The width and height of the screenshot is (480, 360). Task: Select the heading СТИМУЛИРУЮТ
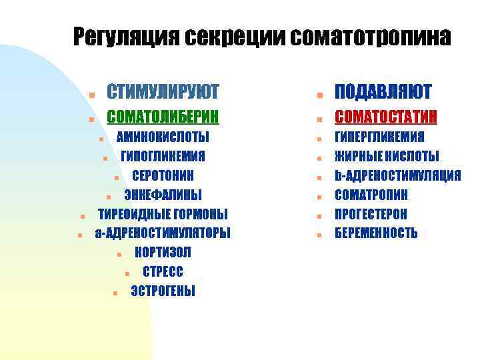pos(163,91)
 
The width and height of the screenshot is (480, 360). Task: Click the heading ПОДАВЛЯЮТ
pos(383,91)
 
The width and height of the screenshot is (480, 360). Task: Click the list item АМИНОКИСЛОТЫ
pos(163,137)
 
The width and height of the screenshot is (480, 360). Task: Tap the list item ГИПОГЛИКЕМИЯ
pos(163,157)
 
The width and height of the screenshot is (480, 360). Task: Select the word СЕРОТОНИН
pos(163,176)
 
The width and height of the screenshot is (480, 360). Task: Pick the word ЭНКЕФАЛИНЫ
pos(163,195)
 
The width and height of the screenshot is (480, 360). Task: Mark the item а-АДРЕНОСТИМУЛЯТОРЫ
pos(163,233)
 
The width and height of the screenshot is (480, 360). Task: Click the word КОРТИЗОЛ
pos(163,252)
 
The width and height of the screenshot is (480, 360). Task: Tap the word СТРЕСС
pos(163,271)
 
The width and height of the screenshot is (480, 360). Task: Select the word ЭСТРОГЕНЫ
pos(163,291)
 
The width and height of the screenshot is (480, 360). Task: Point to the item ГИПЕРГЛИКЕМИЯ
pos(379,137)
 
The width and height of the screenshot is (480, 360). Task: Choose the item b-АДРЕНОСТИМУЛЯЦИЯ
pos(397,176)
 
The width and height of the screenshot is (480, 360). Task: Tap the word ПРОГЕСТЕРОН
pos(371,214)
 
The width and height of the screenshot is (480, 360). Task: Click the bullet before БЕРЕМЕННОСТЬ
pos(320,234)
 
